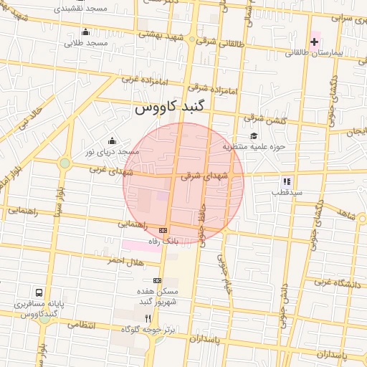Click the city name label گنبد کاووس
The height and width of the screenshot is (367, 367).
168,108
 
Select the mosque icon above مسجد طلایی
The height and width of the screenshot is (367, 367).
86,32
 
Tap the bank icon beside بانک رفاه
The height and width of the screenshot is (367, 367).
163,230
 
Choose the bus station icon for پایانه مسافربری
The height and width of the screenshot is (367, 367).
39,292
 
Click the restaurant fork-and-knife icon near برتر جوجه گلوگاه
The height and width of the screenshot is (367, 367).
148,318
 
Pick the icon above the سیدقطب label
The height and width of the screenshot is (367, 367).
287,182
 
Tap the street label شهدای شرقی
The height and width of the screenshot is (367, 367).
204,175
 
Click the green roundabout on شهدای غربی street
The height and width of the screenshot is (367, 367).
65,163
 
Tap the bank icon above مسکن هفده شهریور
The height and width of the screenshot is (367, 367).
157,280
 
